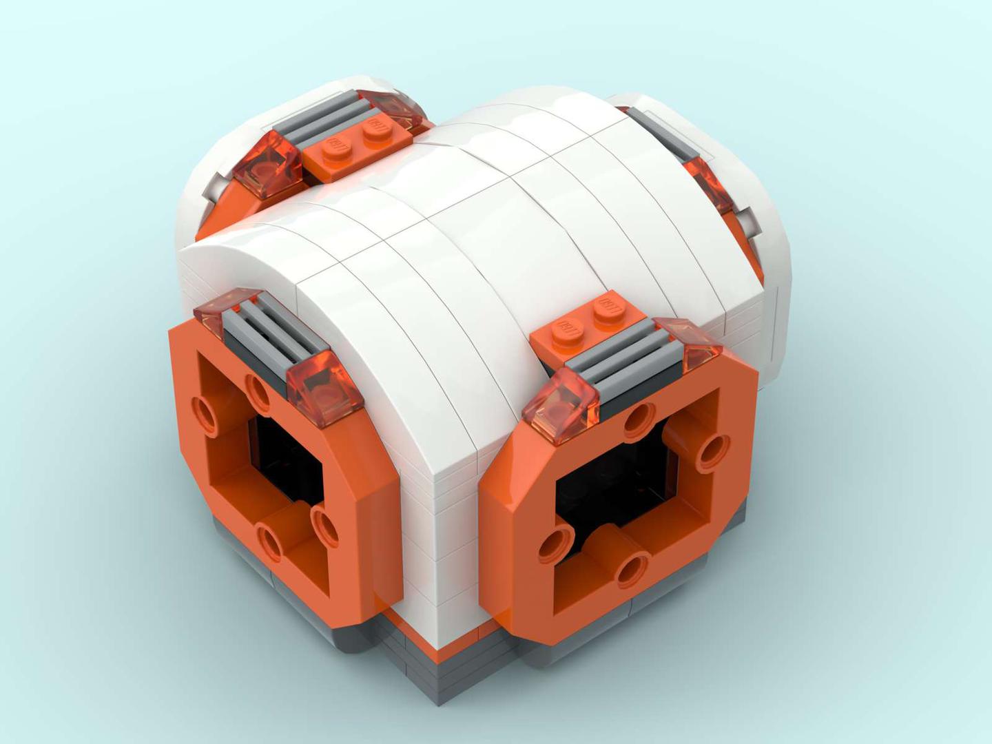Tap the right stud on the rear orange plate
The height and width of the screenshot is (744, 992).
tap(375, 126)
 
